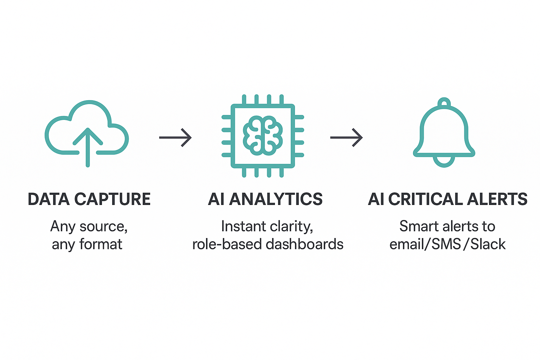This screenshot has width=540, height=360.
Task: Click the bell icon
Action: click(444, 134)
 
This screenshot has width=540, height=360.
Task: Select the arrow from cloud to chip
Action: click(175, 137)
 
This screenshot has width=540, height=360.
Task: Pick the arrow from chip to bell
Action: click(346, 137)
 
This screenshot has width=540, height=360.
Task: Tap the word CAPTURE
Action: click(112, 199)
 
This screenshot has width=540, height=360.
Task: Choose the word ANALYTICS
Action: click(276, 199)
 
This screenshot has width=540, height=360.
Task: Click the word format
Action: click(101, 244)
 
